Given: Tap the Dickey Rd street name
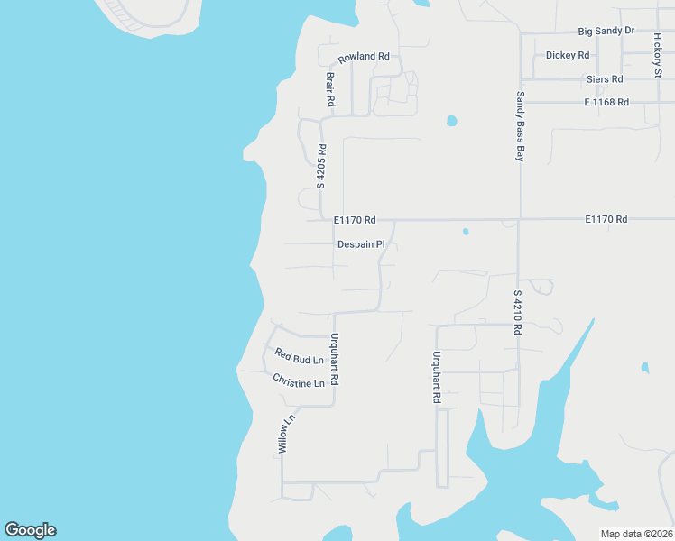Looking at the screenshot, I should [x=568, y=55].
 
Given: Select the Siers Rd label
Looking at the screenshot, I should [x=605, y=79].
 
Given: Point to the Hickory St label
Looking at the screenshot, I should [x=657, y=55].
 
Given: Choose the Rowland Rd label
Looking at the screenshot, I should [x=364, y=56].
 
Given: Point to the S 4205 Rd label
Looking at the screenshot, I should [x=320, y=166].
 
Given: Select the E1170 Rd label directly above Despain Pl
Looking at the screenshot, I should [x=354, y=219].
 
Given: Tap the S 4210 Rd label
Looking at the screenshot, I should [x=518, y=312].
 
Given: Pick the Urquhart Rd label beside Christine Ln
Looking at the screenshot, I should [x=334, y=360].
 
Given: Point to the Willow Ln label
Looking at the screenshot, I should [x=286, y=434].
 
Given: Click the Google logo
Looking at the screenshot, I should [x=30, y=530].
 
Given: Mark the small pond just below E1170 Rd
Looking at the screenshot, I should [x=466, y=232].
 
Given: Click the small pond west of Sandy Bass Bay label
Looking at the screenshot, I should [x=451, y=120].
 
